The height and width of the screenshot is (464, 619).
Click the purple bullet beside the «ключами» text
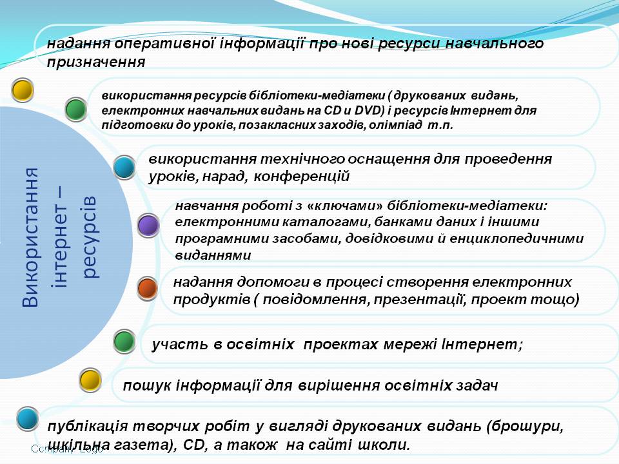point(148,226)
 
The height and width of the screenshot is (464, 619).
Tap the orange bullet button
point(148,288)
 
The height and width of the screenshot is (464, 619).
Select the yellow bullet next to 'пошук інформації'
point(90,380)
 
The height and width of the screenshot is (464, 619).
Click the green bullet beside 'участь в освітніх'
point(124,342)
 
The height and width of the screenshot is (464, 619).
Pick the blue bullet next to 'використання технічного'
point(124,168)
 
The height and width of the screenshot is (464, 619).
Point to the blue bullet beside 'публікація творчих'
point(28,419)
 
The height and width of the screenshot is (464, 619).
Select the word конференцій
point(301,176)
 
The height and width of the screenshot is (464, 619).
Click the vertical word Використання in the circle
point(30,237)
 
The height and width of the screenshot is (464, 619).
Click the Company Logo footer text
point(66,449)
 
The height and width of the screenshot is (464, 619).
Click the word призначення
point(96,63)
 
